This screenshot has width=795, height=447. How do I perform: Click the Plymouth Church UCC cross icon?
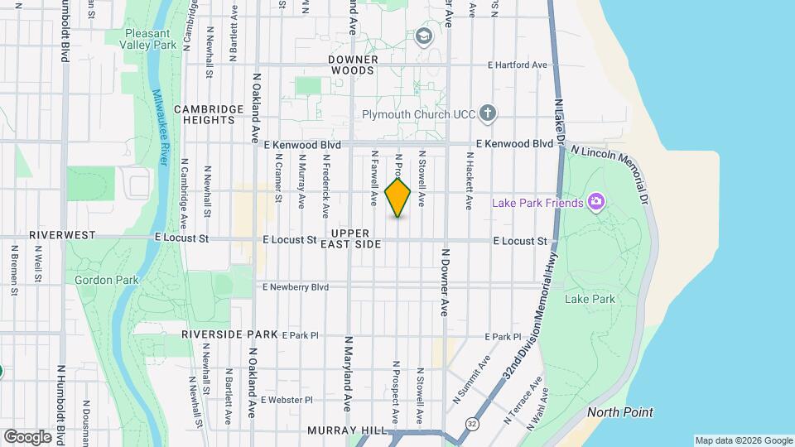489,113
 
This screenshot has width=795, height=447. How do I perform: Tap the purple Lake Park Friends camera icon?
595,202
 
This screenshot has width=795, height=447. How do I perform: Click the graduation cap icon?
424,36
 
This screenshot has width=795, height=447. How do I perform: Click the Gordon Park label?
107,280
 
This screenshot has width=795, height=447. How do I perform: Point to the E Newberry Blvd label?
296,287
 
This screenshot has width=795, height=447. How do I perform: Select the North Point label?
619,412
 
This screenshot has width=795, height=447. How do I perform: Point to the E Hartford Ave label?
518,65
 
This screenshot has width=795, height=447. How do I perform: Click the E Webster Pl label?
287,400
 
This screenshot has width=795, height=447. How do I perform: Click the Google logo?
27,436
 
